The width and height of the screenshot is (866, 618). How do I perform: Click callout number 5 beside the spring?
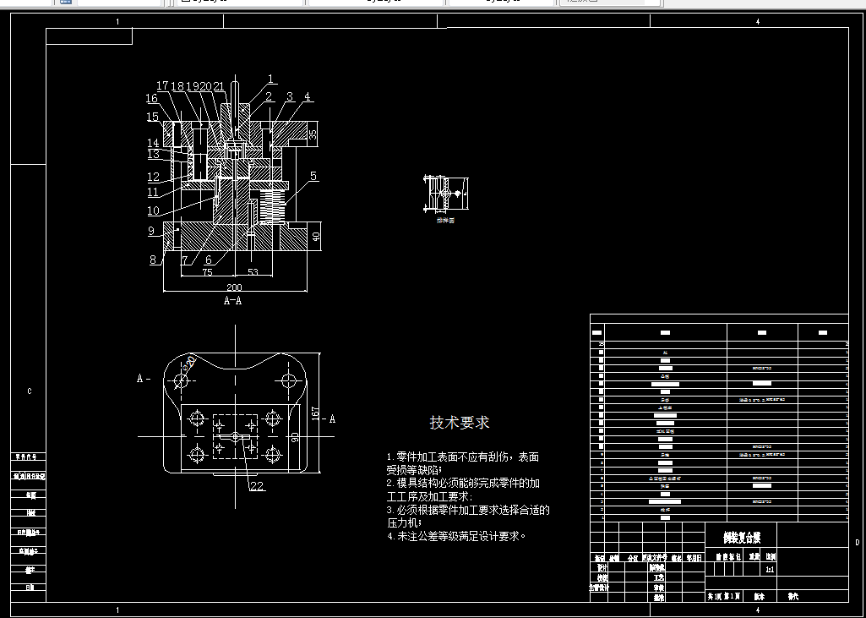click(x=313, y=176)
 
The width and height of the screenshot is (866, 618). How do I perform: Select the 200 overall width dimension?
click(x=234, y=287)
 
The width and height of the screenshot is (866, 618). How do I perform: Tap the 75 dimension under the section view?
click(x=208, y=272)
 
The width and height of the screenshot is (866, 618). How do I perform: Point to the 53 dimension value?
click(x=253, y=272)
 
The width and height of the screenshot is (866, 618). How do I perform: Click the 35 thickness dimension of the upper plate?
click(x=313, y=134)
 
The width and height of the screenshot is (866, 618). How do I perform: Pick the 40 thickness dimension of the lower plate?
click(x=317, y=238)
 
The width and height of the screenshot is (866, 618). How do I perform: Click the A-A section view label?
click(x=233, y=300)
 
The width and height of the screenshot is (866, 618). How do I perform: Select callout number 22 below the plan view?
click(x=257, y=485)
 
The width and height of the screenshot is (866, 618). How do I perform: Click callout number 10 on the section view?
click(x=153, y=211)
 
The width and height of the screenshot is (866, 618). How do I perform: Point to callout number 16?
click(x=151, y=100)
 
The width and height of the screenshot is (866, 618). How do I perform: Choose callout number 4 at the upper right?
click(x=308, y=96)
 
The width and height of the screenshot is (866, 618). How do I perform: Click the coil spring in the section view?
click(x=270, y=203)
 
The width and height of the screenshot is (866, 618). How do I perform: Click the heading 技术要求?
click(x=459, y=422)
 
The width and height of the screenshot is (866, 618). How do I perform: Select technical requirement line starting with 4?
click(x=456, y=535)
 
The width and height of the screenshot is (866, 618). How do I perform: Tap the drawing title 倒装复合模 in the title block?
click(x=741, y=536)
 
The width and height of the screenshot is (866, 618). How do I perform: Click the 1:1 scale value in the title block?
click(x=770, y=570)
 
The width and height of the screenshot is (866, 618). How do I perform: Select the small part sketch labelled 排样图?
click(x=445, y=194)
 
